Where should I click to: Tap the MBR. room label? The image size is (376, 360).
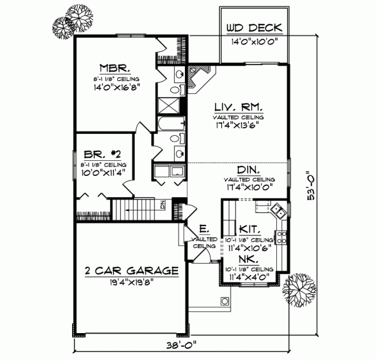point(113,68)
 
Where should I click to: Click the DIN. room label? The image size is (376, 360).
point(249,170)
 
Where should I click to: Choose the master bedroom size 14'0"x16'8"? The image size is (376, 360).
point(113,87)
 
